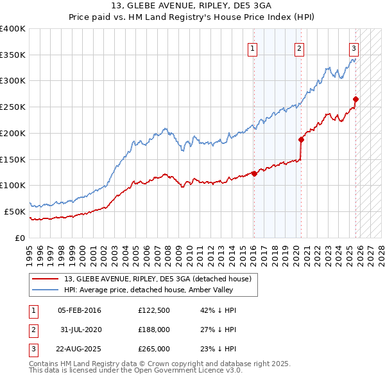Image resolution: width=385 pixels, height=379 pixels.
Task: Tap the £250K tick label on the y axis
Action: coord(13,107)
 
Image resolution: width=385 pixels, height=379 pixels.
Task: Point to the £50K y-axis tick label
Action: coord(15,211)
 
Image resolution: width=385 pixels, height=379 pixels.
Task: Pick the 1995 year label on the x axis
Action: coord(30,253)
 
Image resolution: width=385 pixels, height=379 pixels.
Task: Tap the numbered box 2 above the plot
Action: coord(300,48)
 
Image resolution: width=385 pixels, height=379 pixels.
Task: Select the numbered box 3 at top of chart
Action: coord(354,48)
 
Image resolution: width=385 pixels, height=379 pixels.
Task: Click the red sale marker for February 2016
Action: coord(254,173)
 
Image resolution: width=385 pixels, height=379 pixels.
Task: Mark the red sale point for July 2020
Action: coord(301,139)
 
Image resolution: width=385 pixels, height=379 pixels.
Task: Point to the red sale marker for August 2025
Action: coord(356,99)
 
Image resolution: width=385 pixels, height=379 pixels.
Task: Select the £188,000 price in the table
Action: coord(154,330)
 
